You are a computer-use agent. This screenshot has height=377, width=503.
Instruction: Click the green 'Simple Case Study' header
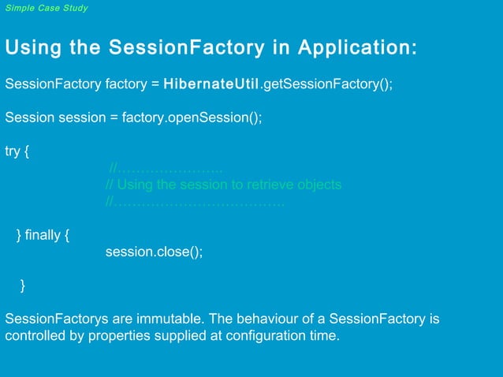coord(47,8)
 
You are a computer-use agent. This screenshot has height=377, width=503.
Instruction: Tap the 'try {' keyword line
coord(17,151)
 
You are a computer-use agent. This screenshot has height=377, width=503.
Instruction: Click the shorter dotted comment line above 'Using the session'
coord(166,168)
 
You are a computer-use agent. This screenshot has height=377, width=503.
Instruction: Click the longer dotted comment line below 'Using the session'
coord(195,203)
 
